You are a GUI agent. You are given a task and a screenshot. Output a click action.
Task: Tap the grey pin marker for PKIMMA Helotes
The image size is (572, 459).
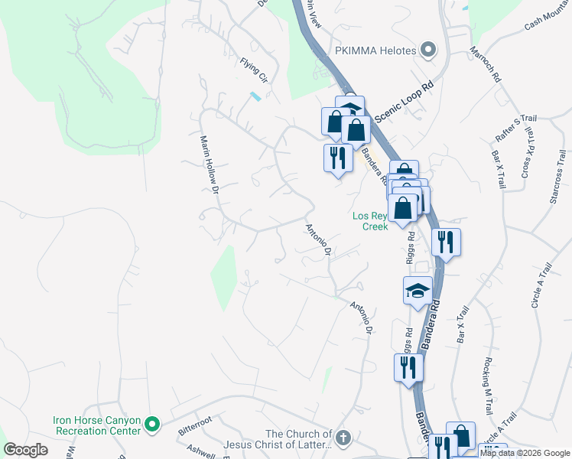428,51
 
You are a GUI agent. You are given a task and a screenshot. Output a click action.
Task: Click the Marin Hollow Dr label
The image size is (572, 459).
209,164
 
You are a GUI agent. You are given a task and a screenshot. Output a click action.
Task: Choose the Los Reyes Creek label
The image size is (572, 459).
371,220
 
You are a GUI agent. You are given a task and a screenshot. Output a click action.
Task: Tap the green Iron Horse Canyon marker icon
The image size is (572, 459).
152,423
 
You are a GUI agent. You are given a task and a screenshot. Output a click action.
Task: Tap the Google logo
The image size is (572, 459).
26,450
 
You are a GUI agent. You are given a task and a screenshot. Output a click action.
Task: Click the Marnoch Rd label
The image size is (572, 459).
485,67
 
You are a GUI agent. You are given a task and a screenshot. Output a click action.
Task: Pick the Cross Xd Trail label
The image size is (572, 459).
527,157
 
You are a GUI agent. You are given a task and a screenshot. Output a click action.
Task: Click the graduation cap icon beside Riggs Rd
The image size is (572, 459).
418,291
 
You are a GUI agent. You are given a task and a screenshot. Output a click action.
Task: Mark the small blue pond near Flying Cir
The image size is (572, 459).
255,96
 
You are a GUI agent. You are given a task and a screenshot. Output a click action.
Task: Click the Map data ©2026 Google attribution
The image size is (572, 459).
525,453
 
